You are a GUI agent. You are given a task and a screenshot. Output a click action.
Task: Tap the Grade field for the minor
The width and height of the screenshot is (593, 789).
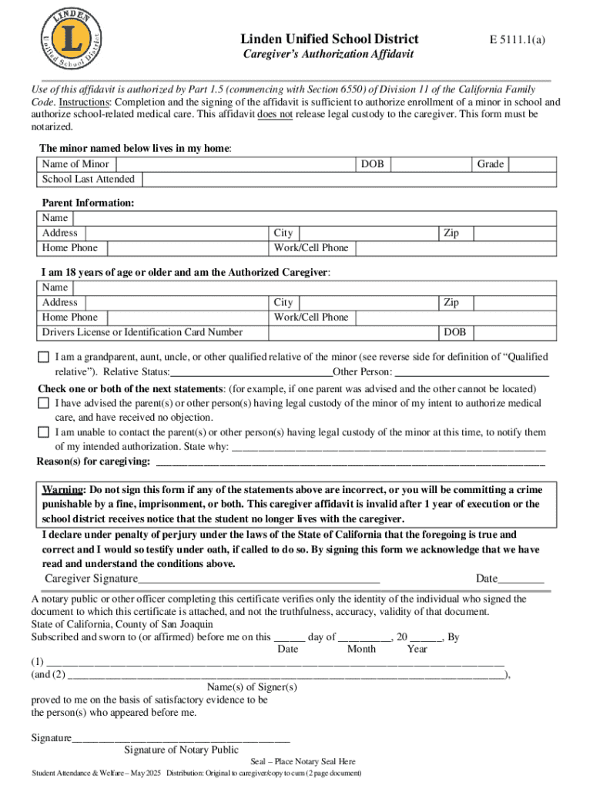coord(531,164)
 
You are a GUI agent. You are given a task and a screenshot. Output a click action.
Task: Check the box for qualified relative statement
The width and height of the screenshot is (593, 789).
coord(44,358)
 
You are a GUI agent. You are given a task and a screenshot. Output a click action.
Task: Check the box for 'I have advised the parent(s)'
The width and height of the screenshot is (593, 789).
coord(44,403)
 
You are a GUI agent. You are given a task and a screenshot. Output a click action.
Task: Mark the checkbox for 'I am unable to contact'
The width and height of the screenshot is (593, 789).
coord(44,433)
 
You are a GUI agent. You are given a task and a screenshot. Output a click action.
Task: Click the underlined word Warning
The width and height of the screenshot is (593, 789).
coord(63,490)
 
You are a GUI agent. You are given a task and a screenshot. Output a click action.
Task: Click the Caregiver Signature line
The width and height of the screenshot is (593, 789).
coord(258,578)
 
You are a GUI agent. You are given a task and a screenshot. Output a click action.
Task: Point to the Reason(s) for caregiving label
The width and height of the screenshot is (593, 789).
coord(93,462)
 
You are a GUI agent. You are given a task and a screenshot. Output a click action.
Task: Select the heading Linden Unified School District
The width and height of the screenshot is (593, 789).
coord(330,39)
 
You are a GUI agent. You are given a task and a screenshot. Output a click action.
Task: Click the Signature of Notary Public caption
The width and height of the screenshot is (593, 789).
coord(181,750)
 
